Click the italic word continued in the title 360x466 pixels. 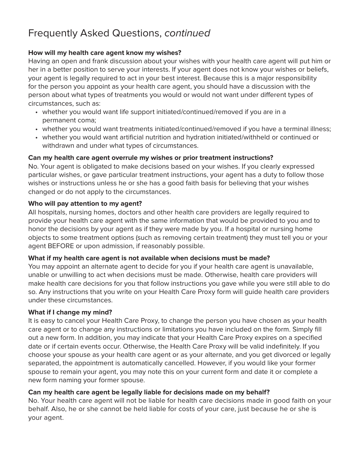(x=187, y=33)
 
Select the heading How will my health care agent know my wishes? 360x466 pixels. (x=105, y=53)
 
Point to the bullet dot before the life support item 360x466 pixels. (x=36, y=112)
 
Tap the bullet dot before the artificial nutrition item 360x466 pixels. (x=36, y=138)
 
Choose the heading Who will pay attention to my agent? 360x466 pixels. (x=85, y=203)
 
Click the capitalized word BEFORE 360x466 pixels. (x=61, y=246)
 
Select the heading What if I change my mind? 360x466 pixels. (x=70, y=312)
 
